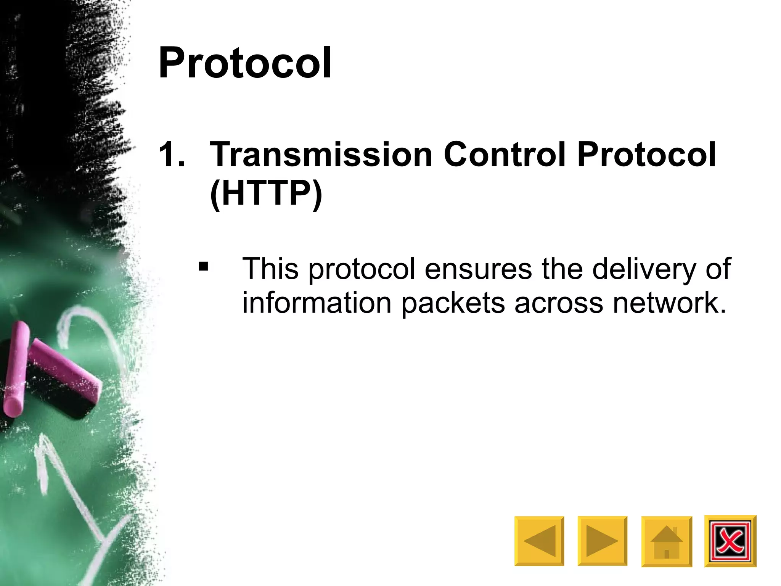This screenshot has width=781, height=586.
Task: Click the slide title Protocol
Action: pyautogui.click(x=245, y=63)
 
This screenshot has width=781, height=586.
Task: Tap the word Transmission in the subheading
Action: pyautogui.click(x=321, y=155)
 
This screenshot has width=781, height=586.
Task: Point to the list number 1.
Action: pyautogui.click(x=172, y=155)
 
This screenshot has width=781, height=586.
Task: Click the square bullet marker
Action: pyautogui.click(x=203, y=266)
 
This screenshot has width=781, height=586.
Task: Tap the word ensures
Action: pyautogui.click(x=478, y=269)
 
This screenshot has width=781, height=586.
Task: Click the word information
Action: pyautogui.click(x=317, y=303)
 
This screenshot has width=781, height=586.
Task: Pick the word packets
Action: pyautogui.click(x=453, y=303)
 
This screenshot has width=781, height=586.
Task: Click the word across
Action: pyautogui.click(x=558, y=303)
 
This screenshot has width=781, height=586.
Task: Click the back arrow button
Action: pyautogui.click(x=539, y=541)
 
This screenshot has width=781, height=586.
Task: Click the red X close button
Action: pyautogui.click(x=730, y=541)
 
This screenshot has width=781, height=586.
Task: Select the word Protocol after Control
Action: pyautogui.click(x=646, y=155)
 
